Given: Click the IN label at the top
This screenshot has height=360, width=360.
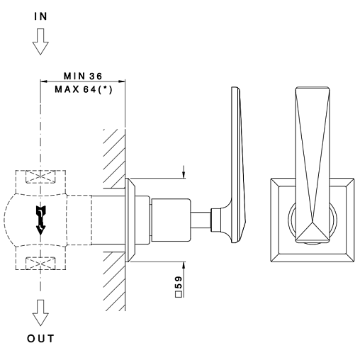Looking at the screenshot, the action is point(40,16).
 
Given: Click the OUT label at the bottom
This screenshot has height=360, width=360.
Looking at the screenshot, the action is point(40,339).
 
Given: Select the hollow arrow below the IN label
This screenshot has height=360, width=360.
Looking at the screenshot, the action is point(40,42).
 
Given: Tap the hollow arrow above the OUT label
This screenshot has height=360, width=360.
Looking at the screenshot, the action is point(40,313).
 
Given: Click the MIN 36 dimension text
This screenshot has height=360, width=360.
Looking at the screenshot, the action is point(83,76).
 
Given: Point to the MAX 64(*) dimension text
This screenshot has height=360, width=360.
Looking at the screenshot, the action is point(84,89).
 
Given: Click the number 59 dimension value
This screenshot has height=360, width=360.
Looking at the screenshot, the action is point(179,283).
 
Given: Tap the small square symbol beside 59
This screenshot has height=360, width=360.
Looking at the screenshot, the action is point(179,295).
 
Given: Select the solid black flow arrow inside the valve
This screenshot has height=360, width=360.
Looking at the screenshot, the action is point(40,220).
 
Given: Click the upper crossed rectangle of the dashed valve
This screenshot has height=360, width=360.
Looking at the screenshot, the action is point(40,176).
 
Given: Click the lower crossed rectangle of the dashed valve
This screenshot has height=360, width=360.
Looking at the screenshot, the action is point(40,264).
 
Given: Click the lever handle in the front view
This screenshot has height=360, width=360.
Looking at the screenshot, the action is point(313,164).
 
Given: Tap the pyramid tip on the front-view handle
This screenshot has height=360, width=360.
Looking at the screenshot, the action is point(313,223).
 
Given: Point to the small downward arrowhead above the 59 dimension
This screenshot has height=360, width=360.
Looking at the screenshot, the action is point(184,175).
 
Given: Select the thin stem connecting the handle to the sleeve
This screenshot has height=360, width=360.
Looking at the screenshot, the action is point(201,220).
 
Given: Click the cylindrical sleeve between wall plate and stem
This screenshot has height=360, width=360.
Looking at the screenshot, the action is point(171,220).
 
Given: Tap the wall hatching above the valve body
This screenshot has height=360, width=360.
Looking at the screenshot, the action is point(115,159).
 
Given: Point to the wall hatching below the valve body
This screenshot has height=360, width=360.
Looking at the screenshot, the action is point(115,281).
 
